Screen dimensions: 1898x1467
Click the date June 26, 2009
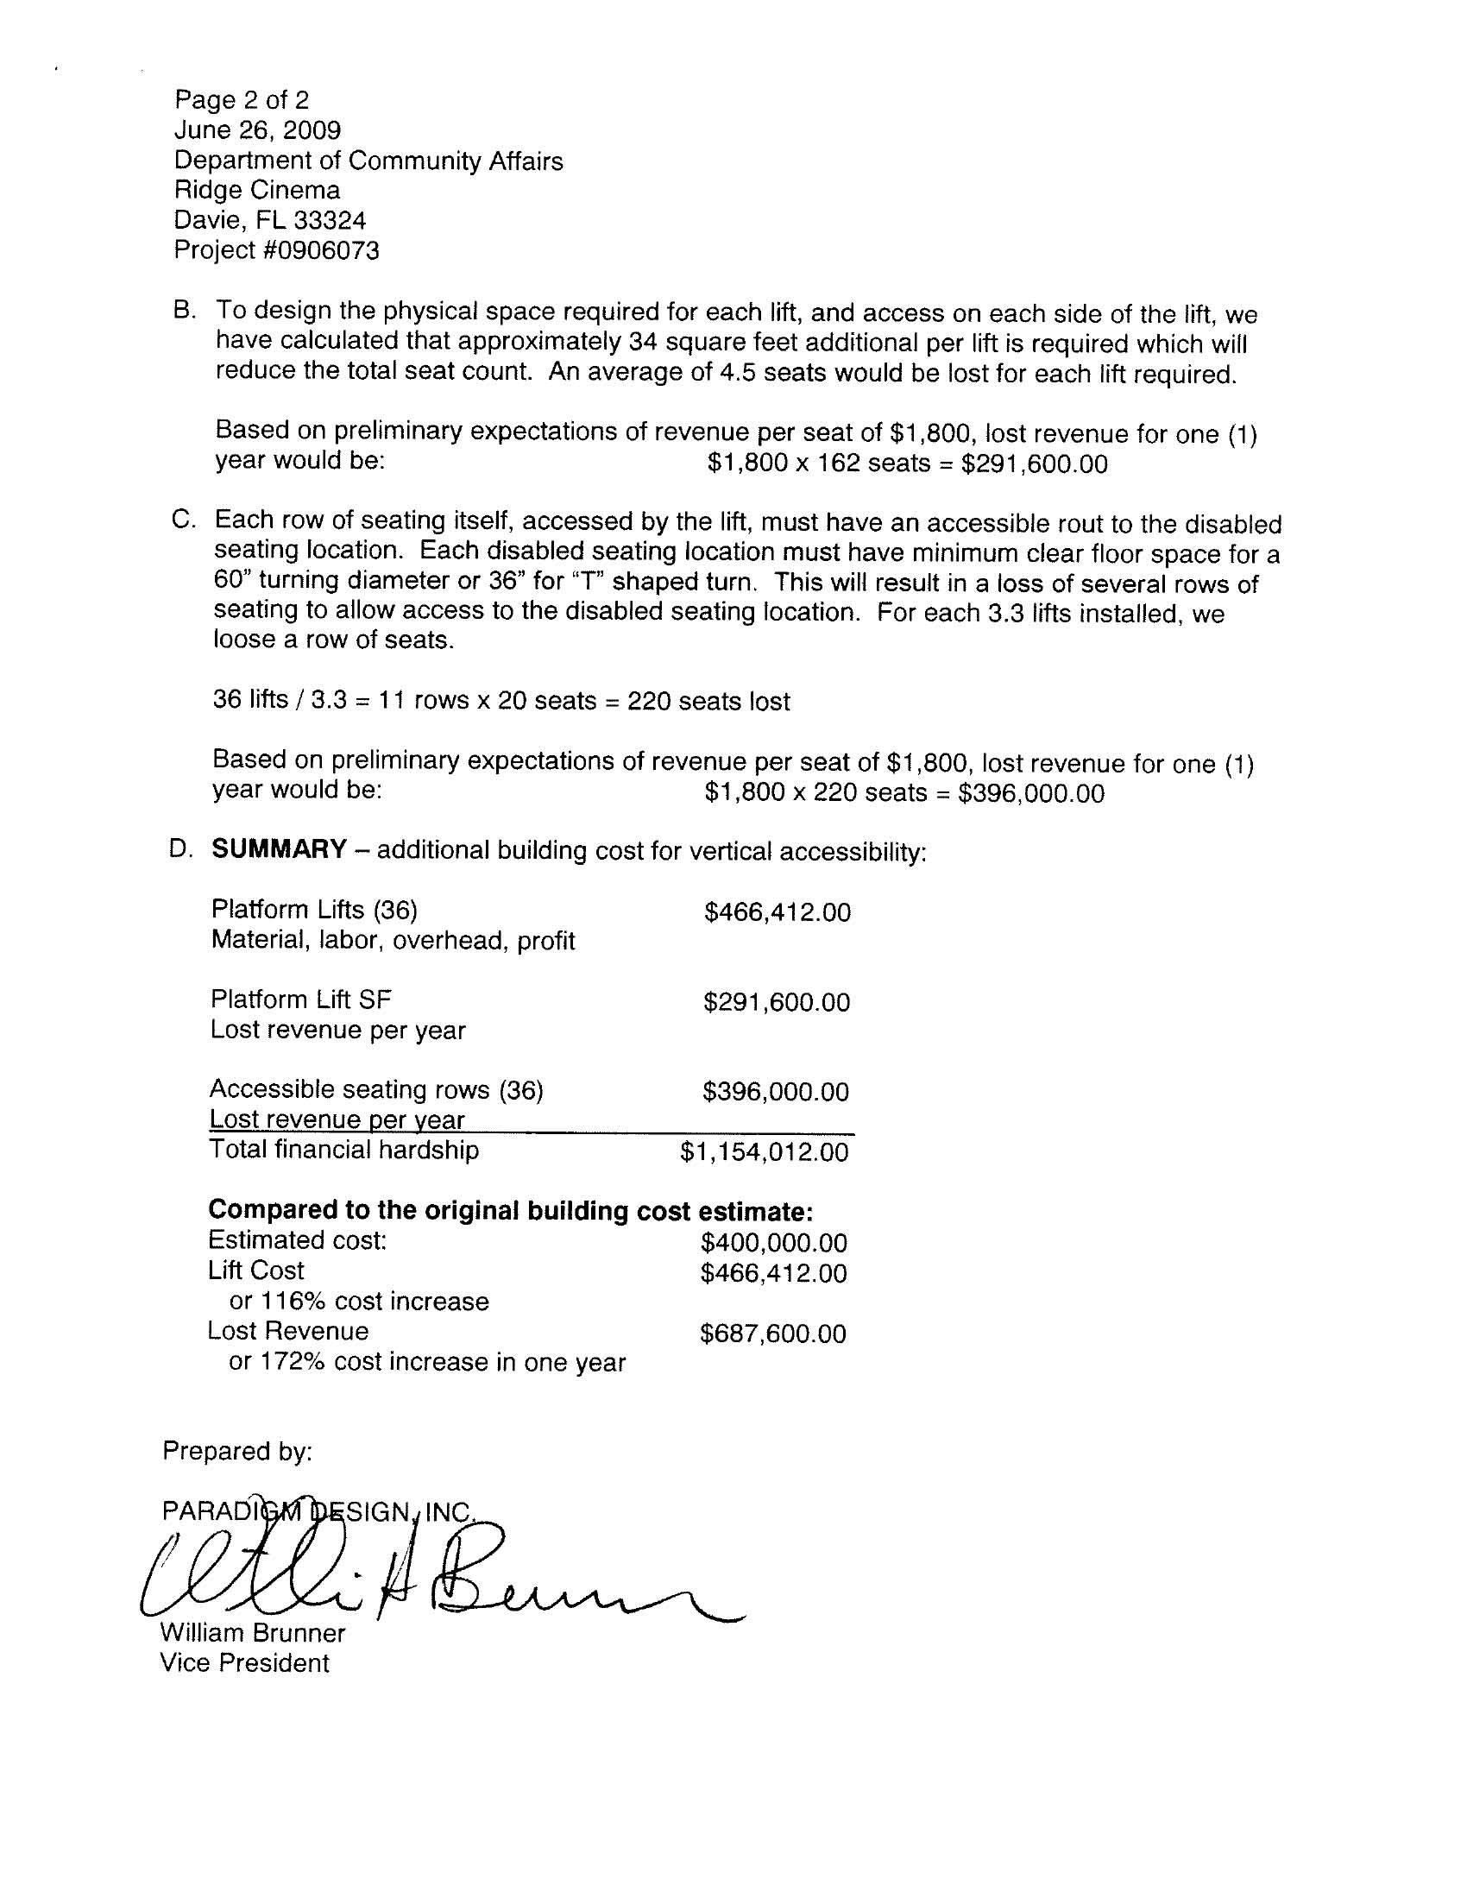[x=257, y=130]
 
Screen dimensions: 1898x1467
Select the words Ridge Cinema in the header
[x=257, y=191]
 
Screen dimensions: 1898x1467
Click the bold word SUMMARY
[x=279, y=849]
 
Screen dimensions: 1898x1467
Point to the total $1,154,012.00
[x=764, y=1152]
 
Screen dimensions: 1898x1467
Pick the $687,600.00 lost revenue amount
[x=772, y=1334]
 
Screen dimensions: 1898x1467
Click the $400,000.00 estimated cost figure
[x=773, y=1243]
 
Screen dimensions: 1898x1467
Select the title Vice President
[x=244, y=1662]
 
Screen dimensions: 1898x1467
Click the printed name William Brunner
[x=252, y=1632]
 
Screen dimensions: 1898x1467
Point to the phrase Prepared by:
[x=236, y=1451]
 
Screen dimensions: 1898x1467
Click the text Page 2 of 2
[x=242, y=100]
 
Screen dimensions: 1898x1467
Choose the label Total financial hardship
[x=343, y=1150]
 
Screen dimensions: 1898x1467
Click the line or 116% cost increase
[x=359, y=1301]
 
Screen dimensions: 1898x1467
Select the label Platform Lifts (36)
[x=314, y=910]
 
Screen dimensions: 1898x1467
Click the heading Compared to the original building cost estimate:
[x=510, y=1210]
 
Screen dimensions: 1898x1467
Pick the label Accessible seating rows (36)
[x=375, y=1089]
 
